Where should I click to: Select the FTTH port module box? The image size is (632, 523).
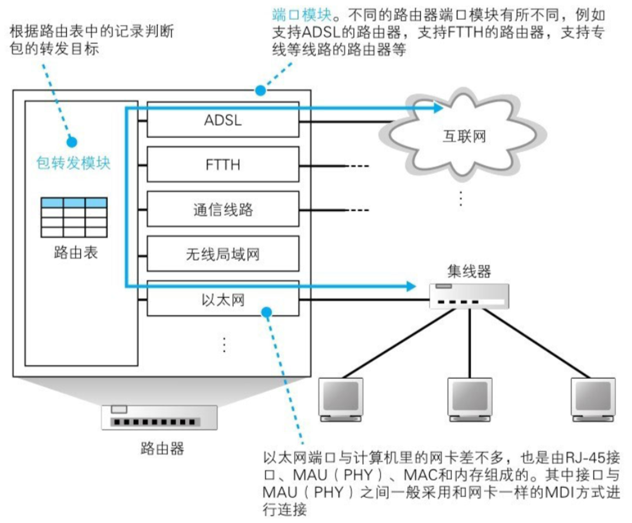click(x=223, y=164)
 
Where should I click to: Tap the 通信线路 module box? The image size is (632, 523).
click(x=223, y=209)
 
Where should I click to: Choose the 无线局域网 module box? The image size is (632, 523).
click(x=223, y=254)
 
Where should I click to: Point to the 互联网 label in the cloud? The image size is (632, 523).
click(x=464, y=137)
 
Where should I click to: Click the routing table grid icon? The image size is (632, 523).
click(x=74, y=217)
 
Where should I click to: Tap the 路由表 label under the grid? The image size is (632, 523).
click(x=76, y=253)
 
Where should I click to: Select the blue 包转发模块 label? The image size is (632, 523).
click(x=73, y=163)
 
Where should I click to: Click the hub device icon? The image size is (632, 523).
click(x=469, y=296)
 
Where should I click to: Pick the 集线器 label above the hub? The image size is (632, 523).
click(x=469, y=271)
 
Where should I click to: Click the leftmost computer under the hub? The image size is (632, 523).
click(x=341, y=400)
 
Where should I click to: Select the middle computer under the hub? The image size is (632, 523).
click(x=470, y=400)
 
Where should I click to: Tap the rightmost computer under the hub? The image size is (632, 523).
click(x=593, y=400)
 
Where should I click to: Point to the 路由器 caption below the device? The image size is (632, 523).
click(x=162, y=448)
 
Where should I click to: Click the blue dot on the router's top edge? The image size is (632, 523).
click(x=260, y=91)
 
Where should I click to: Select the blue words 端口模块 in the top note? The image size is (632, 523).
click(x=302, y=15)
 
